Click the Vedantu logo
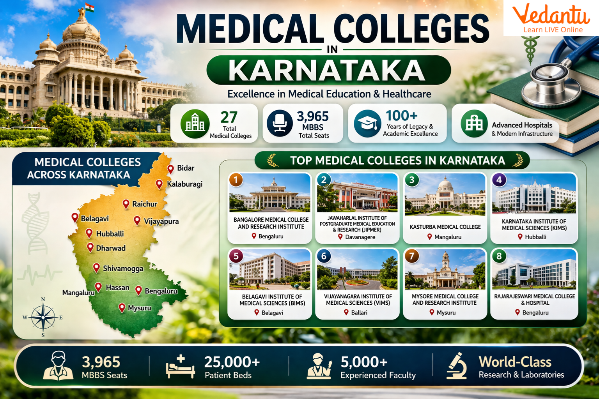[551, 19]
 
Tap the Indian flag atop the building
[90, 8]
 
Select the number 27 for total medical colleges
[229, 117]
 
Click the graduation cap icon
[367, 123]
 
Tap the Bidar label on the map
[186, 168]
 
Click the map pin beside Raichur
[126, 204]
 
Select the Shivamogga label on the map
[123, 268]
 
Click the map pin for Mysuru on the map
[122, 307]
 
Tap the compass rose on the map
[43, 317]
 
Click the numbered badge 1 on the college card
[236, 180]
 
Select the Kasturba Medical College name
[445, 227]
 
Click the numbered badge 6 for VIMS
[324, 256]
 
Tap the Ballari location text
[359, 312]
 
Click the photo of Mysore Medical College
[445, 270]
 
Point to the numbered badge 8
[499, 256]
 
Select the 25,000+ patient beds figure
[232, 362]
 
